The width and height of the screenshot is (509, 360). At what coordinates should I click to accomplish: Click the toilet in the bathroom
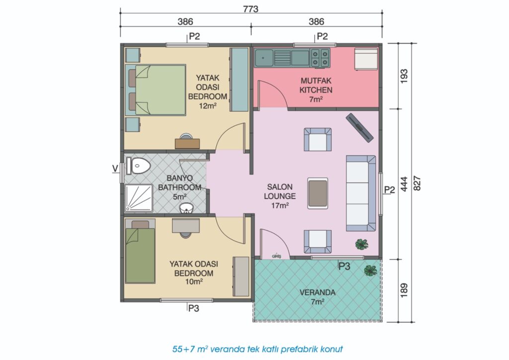138,166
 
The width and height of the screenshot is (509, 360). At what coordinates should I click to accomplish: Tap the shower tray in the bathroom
139,198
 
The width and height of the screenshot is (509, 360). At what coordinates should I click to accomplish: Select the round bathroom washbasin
186,208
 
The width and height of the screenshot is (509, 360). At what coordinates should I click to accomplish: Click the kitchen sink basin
263,58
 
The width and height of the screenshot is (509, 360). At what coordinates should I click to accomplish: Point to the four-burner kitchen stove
320,58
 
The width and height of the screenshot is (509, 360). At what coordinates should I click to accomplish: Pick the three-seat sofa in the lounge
361,193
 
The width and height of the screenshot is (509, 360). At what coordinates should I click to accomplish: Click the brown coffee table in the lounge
318,193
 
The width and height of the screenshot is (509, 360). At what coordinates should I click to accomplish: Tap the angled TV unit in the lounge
359,127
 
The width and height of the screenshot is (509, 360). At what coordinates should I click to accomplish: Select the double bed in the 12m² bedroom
156,90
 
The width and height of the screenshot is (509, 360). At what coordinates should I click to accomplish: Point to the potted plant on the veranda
370,270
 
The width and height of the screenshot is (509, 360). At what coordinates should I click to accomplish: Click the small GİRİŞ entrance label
276,256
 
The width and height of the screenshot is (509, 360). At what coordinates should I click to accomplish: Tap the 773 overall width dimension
251,9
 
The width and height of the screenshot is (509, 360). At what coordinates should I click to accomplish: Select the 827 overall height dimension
417,183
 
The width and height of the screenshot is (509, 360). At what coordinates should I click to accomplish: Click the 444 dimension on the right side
404,184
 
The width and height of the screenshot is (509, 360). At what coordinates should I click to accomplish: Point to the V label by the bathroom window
115,169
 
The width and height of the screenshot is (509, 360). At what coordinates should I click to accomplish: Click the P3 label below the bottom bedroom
193,308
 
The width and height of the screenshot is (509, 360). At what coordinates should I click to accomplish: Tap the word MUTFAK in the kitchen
316,81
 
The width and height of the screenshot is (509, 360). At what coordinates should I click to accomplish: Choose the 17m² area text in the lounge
280,205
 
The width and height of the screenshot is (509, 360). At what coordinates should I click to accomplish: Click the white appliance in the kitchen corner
366,59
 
